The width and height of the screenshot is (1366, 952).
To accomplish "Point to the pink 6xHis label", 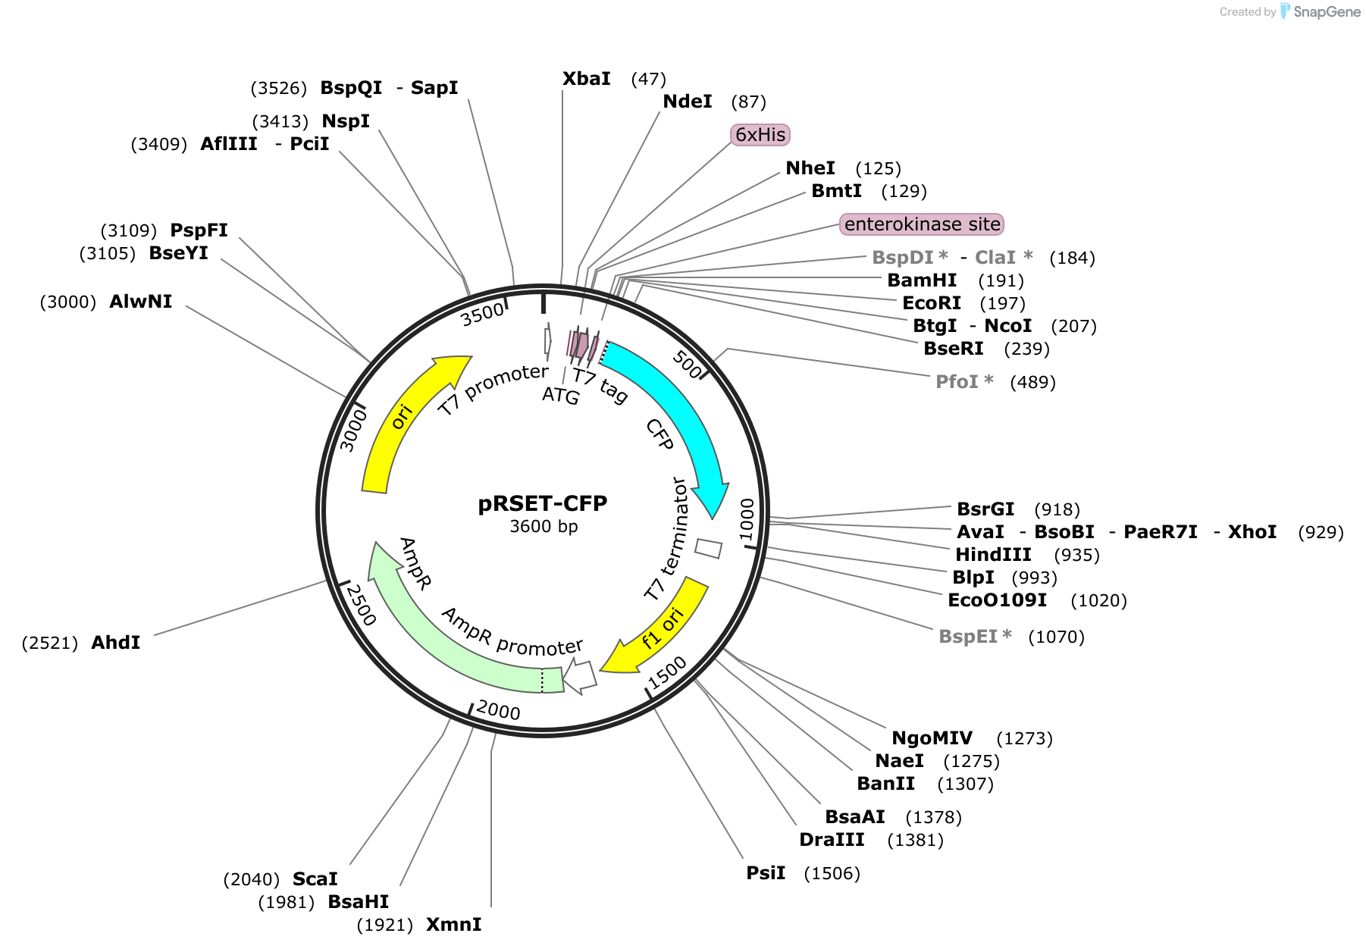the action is pyautogui.click(x=760, y=135).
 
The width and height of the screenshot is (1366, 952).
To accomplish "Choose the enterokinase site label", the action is pyautogui.click(x=922, y=224).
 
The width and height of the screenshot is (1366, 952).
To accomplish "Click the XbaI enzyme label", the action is pyautogui.click(x=587, y=79).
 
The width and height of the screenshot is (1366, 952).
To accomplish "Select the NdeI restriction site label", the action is pyautogui.click(x=688, y=102).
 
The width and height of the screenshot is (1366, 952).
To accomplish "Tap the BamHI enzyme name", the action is pyautogui.click(x=922, y=280).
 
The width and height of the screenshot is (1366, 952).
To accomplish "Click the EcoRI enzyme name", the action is pyautogui.click(x=932, y=303).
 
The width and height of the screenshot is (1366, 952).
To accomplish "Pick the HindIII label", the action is pyautogui.click(x=993, y=555).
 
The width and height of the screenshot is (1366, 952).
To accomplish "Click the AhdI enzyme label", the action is pyautogui.click(x=116, y=643).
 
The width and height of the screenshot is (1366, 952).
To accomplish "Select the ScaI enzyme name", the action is pyautogui.click(x=315, y=879).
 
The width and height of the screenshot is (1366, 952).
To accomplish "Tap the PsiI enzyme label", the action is pyautogui.click(x=766, y=873).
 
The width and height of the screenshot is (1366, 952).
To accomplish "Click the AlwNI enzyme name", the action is pyautogui.click(x=141, y=302).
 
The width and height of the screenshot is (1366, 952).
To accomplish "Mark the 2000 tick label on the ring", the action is pyautogui.click(x=499, y=711).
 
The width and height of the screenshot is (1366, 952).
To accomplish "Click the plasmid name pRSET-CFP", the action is pyautogui.click(x=543, y=503).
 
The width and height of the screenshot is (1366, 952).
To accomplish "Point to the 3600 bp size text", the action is pyautogui.click(x=544, y=526).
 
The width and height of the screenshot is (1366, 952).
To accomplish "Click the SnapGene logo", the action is pyautogui.click(x=1321, y=11).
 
